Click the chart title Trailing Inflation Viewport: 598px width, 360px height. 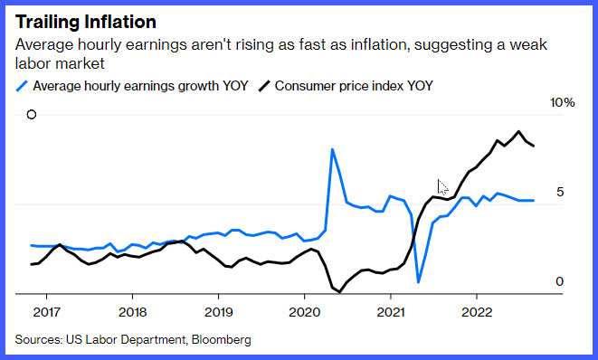(x=86, y=22)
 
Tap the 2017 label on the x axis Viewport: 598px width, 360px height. (x=46, y=312)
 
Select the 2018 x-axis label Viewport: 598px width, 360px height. (x=132, y=312)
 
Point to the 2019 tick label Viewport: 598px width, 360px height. (x=219, y=312)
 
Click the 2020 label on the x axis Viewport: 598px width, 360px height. (x=304, y=312)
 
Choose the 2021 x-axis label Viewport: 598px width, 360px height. (x=391, y=312)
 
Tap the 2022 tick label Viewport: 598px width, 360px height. (x=477, y=312)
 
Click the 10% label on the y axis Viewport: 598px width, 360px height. (x=562, y=102)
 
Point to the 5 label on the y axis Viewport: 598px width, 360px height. (x=559, y=192)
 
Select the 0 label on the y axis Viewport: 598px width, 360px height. (x=559, y=281)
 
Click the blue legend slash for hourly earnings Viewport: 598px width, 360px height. (x=22, y=86)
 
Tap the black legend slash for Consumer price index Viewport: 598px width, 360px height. (x=264, y=86)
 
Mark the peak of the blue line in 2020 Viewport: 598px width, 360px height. (x=332, y=149)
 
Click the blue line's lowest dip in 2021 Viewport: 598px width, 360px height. (x=418, y=282)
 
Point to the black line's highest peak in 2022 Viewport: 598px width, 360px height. (x=518, y=131)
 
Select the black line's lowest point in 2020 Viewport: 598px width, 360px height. (x=339, y=292)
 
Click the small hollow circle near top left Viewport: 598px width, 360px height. (x=32, y=114)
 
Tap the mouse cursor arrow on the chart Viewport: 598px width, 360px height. (x=442, y=187)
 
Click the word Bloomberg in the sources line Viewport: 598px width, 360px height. (x=222, y=339)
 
